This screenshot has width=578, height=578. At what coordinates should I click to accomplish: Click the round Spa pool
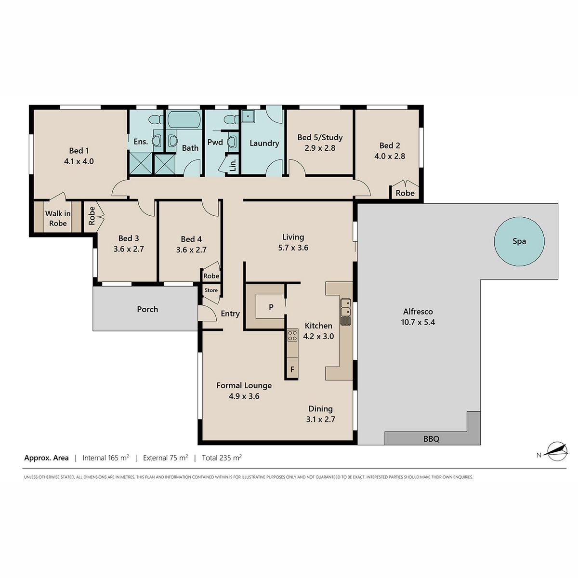tap(519, 241)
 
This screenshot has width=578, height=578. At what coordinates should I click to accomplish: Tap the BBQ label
tap(431, 439)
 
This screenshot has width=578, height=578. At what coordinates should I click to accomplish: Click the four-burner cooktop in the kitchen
tap(292, 335)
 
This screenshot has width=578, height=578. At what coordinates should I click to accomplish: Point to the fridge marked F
tap(292, 369)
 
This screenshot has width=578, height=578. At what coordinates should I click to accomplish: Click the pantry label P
tap(271, 307)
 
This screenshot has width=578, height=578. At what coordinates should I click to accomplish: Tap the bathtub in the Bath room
tap(184, 119)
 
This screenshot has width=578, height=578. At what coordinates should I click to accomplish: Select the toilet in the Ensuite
tap(156, 119)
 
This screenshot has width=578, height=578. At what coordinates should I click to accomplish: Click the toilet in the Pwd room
tap(231, 119)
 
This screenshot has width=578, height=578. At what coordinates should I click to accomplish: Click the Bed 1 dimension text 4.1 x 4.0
tap(79, 161)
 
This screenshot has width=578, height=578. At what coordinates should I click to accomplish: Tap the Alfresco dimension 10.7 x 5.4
tap(418, 322)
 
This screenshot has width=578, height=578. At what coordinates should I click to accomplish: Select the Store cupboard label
tap(211, 290)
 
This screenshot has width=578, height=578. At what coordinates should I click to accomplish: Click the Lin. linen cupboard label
tap(233, 165)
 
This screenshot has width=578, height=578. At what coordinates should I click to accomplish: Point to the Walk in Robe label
tap(58, 218)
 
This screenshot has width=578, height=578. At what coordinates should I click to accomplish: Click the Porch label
tap(147, 309)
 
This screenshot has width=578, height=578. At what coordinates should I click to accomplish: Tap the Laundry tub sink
tap(248, 117)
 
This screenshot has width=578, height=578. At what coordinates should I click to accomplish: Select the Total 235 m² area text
tap(222, 458)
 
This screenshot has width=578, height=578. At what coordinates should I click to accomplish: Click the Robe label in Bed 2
tap(405, 193)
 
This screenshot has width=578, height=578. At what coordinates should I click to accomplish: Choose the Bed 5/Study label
tap(320, 138)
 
